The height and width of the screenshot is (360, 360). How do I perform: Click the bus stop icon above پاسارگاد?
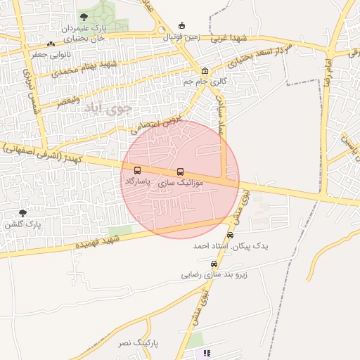pyautogui.click(x=136, y=170)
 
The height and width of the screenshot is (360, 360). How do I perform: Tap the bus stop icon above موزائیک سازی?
pyautogui.click(x=181, y=172)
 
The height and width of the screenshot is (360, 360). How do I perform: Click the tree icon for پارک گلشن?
pyautogui.click(x=22, y=213)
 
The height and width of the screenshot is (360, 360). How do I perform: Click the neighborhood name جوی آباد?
pyautogui.click(x=108, y=109)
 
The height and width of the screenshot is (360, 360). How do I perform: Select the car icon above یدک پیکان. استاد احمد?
pyautogui.click(x=230, y=236)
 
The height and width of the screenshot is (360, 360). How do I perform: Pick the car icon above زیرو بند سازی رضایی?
pyautogui.click(x=214, y=264)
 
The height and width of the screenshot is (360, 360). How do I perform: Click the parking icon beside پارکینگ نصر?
pyautogui.click(x=207, y=353)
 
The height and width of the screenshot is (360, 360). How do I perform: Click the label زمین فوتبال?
pyautogui.click(x=183, y=36)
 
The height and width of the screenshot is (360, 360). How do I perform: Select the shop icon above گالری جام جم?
pyautogui.click(x=205, y=71)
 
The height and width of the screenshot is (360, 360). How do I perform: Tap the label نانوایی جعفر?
pyautogui.click(x=49, y=53)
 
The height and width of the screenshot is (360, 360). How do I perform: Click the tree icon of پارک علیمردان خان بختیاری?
pyautogui.click(x=84, y=18)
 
